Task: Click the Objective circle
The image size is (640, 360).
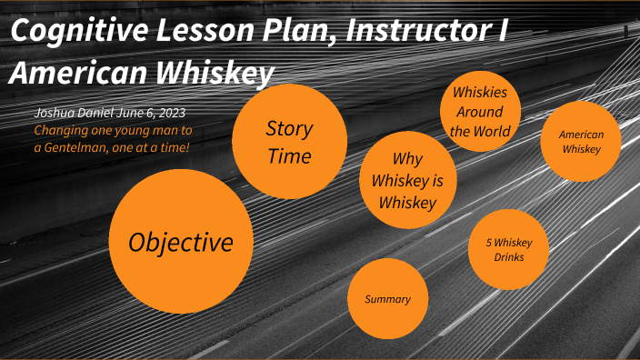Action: pyautogui.click(x=180, y=242)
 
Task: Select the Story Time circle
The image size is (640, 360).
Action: pyautogui.click(x=289, y=142)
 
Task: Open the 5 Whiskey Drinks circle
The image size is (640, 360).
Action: pyautogui.click(x=508, y=249)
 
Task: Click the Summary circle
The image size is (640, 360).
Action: pyautogui.click(x=387, y=299)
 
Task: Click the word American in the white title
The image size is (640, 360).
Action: pyautogui.click(x=82, y=72)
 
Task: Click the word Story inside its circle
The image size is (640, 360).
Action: pyautogui.click(x=289, y=128)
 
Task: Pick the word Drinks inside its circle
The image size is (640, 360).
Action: pyautogui.click(x=508, y=258)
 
